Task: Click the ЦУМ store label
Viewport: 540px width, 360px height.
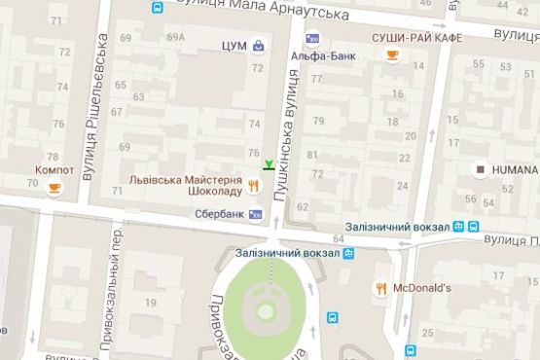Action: [233, 45]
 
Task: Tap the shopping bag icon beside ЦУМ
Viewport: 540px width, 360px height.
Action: [258, 45]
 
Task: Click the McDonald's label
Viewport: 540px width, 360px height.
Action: [422, 288]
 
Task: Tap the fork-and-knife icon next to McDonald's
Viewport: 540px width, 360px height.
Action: [382, 288]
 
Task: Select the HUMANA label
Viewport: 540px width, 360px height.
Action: [513, 169]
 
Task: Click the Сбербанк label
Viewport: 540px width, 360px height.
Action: [219, 214]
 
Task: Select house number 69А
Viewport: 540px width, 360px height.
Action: [175, 38]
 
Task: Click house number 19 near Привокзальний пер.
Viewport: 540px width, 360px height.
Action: [151, 303]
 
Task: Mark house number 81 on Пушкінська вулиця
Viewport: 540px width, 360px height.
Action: [312, 155]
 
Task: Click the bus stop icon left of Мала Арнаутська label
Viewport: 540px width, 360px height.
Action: [157, 8]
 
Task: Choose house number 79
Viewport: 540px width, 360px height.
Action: [318, 121]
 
